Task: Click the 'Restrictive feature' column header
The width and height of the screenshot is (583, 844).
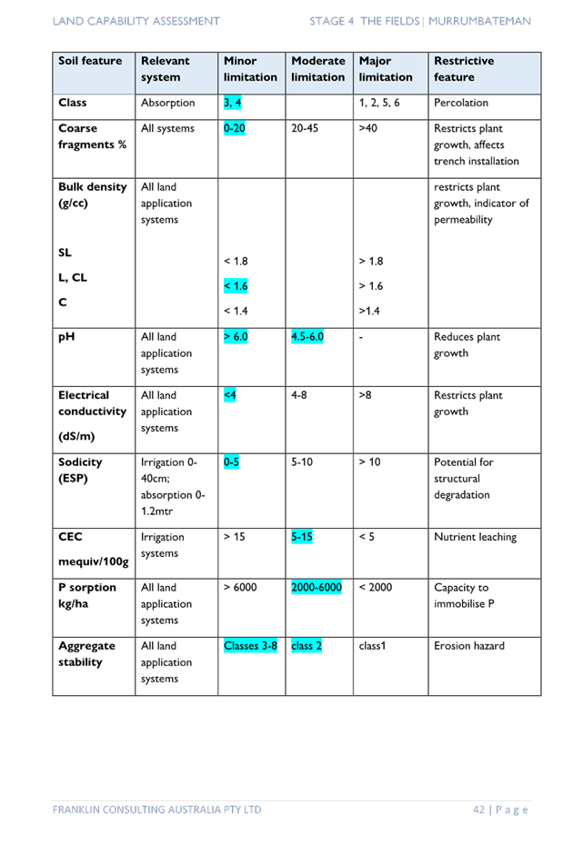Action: (x=464, y=69)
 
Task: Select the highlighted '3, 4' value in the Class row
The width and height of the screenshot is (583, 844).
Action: (x=232, y=103)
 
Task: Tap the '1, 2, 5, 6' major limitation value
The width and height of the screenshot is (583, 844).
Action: (x=379, y=103)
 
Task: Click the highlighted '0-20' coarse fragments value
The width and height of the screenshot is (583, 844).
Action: (x=235, y=128)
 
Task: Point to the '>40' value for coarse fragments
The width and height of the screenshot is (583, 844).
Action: (x=368, y=128)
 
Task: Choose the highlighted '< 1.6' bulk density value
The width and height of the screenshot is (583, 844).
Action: (x=236, y=286)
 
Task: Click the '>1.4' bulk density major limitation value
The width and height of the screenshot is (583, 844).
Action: (x=369, y=311)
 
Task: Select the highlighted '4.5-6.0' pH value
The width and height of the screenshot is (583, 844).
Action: (x=307, y=336)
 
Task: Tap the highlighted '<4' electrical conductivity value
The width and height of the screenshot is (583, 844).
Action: (x=229, y=395)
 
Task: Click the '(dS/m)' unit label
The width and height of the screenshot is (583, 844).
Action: (x=76, y=436)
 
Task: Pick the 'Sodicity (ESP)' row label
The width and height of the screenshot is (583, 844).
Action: (x=80, y=470)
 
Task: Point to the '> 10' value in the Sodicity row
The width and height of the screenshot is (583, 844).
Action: (x=369, y=462)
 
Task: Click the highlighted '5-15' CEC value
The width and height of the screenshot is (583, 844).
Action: (x=302, y=537)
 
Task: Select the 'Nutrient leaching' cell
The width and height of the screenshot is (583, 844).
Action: (x=476, y=537)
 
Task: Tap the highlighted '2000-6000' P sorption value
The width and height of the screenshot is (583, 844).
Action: (x=317, y=587)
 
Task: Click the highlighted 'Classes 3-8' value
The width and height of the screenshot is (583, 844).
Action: (x=250, y=645)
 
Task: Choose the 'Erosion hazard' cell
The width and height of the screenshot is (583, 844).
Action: (x=469, y=645)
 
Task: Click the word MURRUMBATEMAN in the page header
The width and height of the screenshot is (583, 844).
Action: (x=479, y=21)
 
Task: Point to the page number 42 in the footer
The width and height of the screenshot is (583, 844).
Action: (x=478, y=809)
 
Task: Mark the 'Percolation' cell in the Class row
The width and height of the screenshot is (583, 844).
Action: (x=461, y=103)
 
